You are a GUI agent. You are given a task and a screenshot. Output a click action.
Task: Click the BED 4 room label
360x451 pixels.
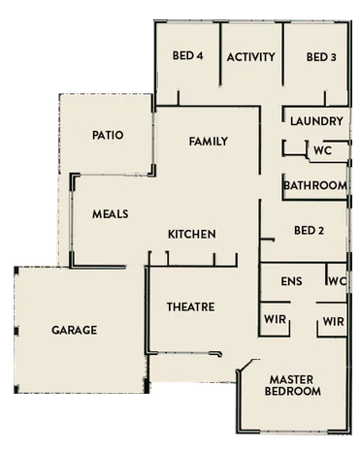coord(186,56)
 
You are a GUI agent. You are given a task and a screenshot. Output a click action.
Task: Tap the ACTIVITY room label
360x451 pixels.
coord(251,56)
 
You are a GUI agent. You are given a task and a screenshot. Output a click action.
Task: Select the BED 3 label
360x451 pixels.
coord(321,56)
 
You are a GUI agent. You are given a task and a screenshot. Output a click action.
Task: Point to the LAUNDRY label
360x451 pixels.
coord(316,121)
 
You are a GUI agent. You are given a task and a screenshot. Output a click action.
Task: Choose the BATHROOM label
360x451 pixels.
coord(315,185)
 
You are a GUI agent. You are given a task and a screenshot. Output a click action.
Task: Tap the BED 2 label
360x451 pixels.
coord(308,230)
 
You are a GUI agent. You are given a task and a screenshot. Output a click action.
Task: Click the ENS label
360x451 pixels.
coord(289,281)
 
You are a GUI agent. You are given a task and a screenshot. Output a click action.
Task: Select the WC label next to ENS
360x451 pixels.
coord(337,281)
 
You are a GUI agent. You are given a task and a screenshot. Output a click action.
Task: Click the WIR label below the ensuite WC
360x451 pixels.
coord(333,320)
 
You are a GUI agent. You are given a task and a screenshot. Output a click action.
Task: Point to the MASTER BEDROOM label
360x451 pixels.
coord(295,385)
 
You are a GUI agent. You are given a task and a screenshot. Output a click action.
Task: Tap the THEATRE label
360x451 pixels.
coord(190,306)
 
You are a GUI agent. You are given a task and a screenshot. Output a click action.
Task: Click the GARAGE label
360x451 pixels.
coord(75,330)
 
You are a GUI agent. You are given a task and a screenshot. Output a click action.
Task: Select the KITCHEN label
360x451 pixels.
coord(192,234)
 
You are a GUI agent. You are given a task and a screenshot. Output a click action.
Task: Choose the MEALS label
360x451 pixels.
coord(111,213)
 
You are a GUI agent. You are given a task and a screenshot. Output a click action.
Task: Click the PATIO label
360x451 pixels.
coord(108,135)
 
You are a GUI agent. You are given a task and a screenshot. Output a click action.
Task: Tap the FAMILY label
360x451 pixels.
coord(208,142)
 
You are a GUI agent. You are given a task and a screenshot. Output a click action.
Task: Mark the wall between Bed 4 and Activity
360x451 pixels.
coord(220,58)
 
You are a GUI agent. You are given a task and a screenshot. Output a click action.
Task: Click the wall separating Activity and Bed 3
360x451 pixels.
coord(283,58)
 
